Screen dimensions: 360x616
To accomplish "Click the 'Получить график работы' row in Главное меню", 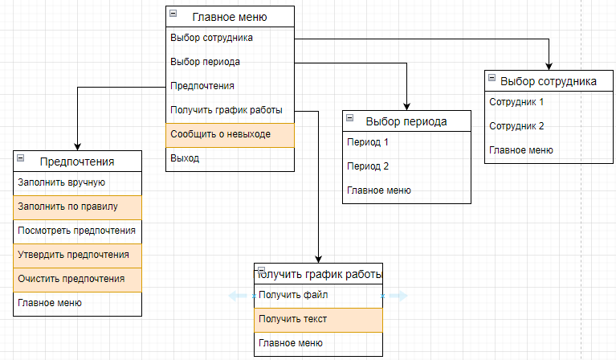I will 230,110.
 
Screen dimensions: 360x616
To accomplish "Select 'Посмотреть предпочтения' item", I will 77,231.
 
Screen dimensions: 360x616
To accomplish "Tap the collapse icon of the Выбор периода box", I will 350,119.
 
